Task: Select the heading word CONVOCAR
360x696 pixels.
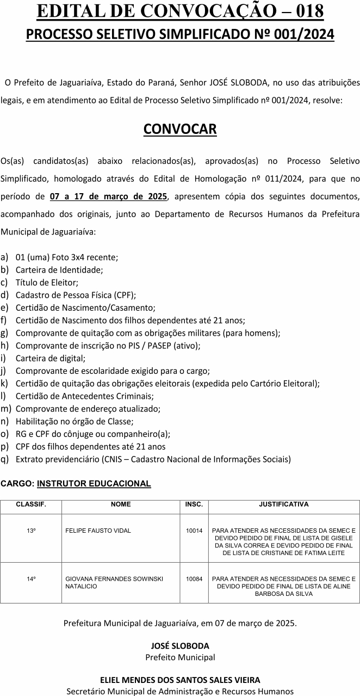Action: [x=180, y=129]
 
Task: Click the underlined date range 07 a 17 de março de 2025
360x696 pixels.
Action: [x=108, y=196]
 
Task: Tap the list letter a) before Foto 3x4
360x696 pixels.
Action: [x=5, y=256]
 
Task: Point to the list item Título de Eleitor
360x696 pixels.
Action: [x=47, y=282]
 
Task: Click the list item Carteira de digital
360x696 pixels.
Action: [x=51, y=358]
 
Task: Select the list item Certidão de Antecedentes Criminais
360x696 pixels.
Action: [x=84, y=396]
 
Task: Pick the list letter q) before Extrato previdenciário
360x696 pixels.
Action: [x=5, y=459]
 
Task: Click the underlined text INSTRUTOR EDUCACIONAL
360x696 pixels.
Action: [x=94, y=483]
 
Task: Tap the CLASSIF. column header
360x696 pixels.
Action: [x=31, y=504]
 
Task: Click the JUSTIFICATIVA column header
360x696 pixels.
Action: [x=283, y=504]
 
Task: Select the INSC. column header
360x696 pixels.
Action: [x=194, y=504]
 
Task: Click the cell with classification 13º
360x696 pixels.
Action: [x=31, y=530]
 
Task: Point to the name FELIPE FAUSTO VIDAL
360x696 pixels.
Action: [x=98, y=530]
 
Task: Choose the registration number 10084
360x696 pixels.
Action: [x=194, y=579]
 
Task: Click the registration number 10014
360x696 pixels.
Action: [x=194, y=530]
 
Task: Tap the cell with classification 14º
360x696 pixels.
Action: [x=31, y=579]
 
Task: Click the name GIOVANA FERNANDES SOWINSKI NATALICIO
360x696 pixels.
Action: [x=114, y=582]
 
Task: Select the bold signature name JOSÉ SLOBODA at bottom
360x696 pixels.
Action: [x=180, y=646]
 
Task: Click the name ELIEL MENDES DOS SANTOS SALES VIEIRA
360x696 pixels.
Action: [x=180, y=680]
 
